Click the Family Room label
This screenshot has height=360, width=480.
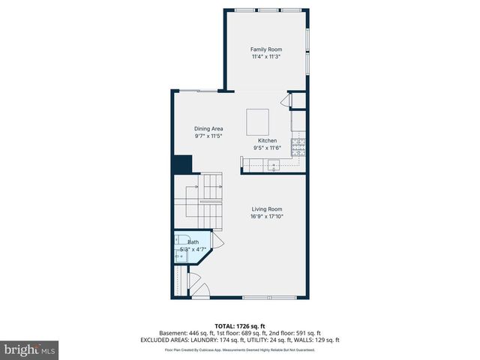(x=266, y=49)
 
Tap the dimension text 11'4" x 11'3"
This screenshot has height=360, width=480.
(x=266, y=56)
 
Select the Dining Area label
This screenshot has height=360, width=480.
(x=209, y=129)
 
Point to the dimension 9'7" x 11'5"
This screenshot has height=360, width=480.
(x=209, y=136)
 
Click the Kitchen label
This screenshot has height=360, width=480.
(x=268, y=140)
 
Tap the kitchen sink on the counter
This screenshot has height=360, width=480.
(x=274, y=165)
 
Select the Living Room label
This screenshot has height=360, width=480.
(x=267, y=209)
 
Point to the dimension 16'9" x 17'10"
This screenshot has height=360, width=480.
(x=267, y=217)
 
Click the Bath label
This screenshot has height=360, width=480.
(x=193, y=242)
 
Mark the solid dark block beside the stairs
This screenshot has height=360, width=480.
(x=182, y=164)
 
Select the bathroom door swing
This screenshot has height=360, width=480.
(x=217, y=240)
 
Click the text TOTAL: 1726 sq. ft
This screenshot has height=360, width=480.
(x=239, y=325)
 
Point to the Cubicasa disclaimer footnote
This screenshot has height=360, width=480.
(x=239, y=349)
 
